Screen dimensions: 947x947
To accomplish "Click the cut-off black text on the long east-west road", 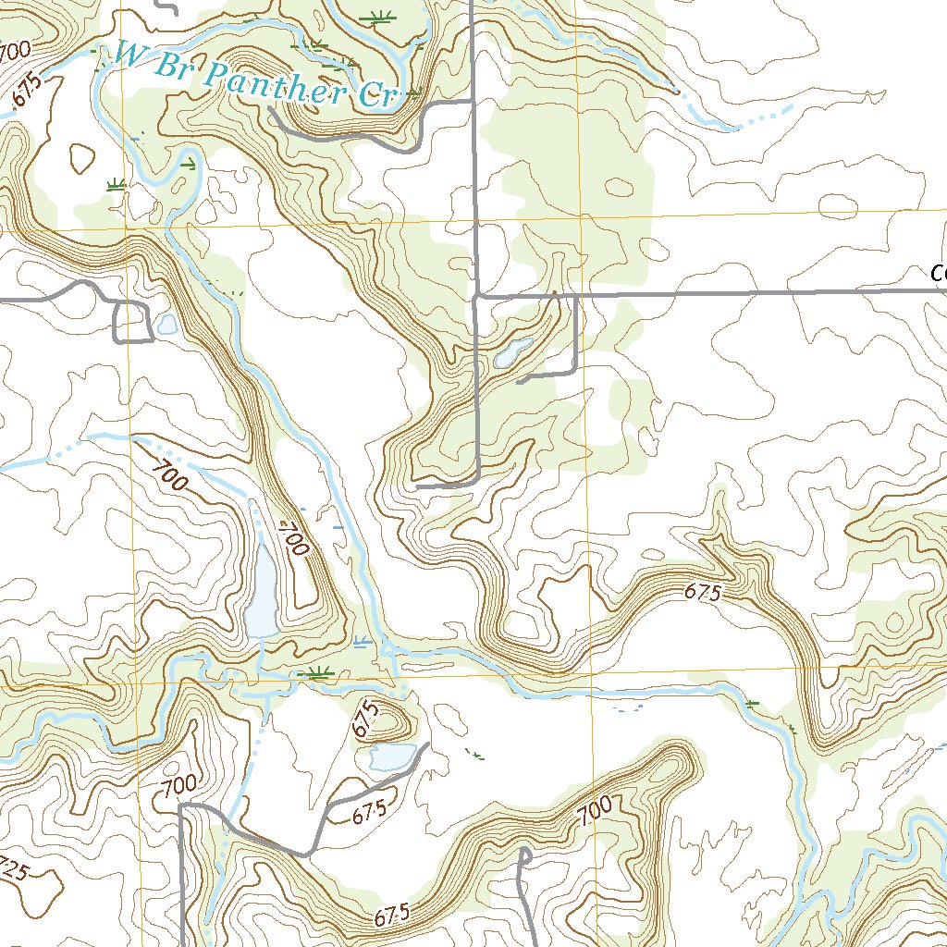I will (x=939, y=274).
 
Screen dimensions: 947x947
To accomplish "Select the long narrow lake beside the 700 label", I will (x=262, y=592).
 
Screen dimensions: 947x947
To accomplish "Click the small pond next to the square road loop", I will (x=167, y=325).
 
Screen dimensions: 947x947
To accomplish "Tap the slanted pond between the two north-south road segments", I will (x=513, y=352).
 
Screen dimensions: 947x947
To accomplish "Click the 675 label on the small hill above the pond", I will (x=366, y=719).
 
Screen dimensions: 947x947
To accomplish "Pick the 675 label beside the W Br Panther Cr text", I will (x=28, y=91).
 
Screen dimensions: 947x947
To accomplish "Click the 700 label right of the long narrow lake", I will (x=294, y=535).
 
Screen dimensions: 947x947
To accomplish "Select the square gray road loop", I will (x=132, y=323).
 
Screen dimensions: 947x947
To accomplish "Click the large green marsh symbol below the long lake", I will (x=319, y=673).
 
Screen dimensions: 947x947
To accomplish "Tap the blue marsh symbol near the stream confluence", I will (x=361, y=641).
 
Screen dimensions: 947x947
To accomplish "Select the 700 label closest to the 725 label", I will (x=177, y=785).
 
